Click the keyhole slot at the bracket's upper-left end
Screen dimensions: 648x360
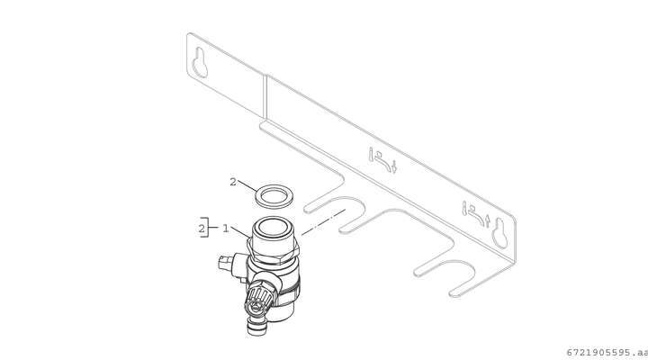200,62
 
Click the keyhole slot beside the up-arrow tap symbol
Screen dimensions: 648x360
499,233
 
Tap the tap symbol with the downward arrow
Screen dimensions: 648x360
382,160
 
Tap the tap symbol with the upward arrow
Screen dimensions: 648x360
476,214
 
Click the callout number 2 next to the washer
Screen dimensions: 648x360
233,182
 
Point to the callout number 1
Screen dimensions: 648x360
226,229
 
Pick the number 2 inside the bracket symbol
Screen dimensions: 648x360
202,229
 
